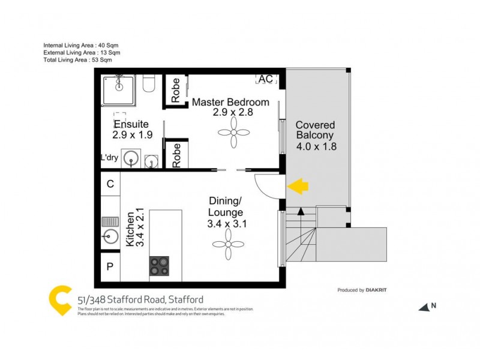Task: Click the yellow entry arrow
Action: (x=298, y=186)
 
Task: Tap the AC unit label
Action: (x=265, y=79)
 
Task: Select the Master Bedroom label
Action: (x=230, y=102)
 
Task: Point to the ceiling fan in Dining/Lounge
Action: (x=227, y=247)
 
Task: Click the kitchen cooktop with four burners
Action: (x=159, y=265)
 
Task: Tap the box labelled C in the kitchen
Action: (x=110, y=184)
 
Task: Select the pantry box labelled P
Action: (x=110, y=266)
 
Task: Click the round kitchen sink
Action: (x=110, y=235)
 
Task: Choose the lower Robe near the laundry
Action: (x=176, y=155)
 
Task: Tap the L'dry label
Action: (x=109, y=158)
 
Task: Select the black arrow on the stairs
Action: (x=301, y=210)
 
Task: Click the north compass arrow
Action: (x=425, y=307)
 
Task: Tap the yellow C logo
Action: (x=61, y=301)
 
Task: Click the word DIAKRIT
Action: (x=377, y=290)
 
